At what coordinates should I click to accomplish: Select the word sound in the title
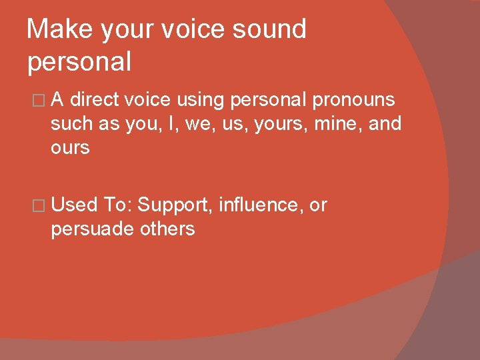point(271,29)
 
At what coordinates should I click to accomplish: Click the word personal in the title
point(79,61)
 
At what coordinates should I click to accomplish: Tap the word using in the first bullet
point(197,100)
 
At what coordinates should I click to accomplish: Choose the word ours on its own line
point(70,147)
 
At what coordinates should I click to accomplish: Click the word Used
point(75,205)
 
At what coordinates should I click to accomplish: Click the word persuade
point(93,229)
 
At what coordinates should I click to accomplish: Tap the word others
point(167,229)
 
